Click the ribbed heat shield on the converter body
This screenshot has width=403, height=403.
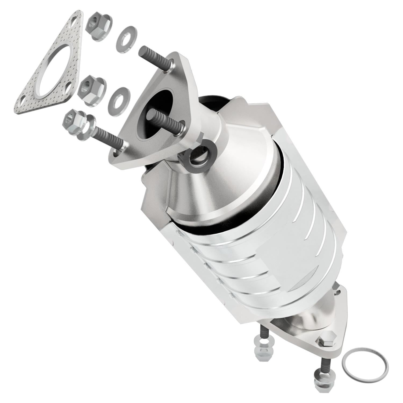tap(269, 255)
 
